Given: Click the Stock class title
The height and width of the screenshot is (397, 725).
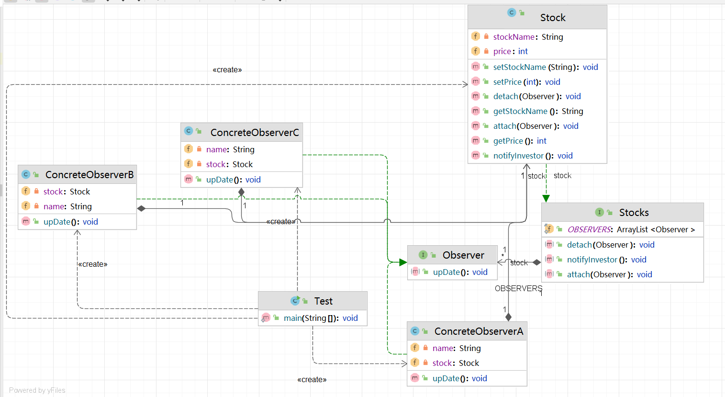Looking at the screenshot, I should [552, 18].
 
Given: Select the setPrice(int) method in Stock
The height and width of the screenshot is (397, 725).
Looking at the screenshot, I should [526, 82].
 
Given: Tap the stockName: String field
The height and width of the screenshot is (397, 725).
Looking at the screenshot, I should [528, 37].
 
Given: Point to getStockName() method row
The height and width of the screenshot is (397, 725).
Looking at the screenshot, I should [538, 111].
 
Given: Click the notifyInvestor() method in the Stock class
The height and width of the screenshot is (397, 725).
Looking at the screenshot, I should [533, 156].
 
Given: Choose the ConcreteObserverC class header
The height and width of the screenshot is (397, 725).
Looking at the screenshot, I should [254, 133].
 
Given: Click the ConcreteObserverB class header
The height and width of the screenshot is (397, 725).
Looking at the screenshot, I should [89, 175].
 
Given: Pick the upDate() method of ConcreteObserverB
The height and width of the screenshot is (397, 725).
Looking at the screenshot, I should [70, 222].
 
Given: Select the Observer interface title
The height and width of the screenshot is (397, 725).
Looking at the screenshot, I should [463, 255].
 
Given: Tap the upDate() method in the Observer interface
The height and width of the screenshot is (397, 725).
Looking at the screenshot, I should [460, 272].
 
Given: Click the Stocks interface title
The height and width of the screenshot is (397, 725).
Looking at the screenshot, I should [634, 213].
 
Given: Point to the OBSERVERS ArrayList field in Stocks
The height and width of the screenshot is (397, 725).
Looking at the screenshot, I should [630, 229].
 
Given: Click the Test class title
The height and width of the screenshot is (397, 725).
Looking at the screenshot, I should [323, 301].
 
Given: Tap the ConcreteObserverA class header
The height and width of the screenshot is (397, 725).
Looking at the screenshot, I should [478, 331].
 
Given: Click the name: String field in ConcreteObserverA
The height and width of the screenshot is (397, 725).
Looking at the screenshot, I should [456, 348].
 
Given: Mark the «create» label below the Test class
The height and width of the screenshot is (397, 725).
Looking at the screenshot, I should [312, 380].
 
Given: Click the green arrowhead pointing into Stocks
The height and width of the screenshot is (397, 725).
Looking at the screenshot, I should [546, 199].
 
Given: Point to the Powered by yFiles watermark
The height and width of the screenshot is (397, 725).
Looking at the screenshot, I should [37, 390].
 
